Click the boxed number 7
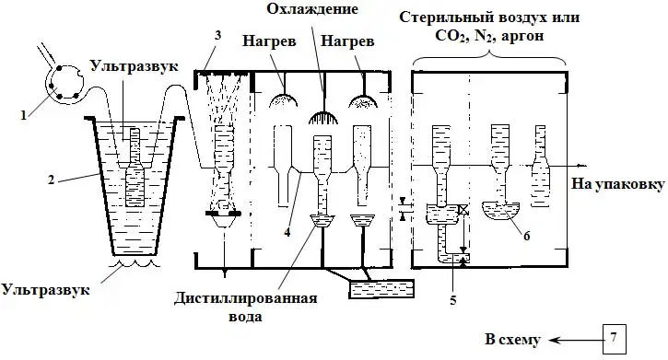point(614,339)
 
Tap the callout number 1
point(24,114)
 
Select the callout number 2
point(51,180)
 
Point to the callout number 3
point(218,35)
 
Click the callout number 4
point(287,232)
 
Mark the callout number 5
point(453,300)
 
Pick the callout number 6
point(526,236)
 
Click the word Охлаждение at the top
point(312,9)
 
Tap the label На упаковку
point(617,184)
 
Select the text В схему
point(512,340)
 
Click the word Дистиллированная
point(245,297)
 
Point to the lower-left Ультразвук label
point(45,290)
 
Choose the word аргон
point(522,36)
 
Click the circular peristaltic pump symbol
point(64,83)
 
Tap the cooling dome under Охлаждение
point(323,117)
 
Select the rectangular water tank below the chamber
point(381,289)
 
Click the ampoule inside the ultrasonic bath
point(135,168)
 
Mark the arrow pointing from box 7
point(575,340)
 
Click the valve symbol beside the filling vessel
point(463,209)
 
